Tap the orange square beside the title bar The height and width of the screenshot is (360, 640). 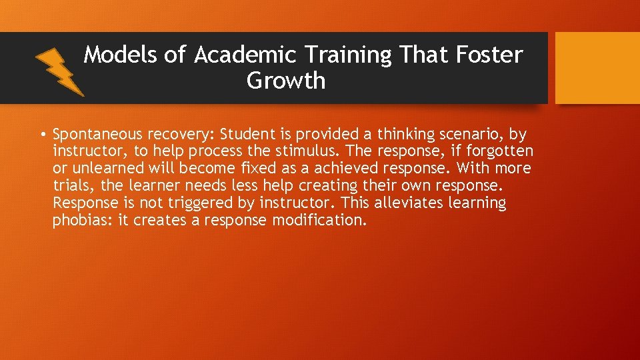[597, 68]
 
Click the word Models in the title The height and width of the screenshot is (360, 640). [121, 55]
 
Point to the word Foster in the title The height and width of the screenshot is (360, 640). [490, 55]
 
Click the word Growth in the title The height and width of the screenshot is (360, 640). [286, 81]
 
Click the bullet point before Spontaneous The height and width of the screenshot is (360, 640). [42, 134]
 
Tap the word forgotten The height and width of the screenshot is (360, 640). [497, 151]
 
